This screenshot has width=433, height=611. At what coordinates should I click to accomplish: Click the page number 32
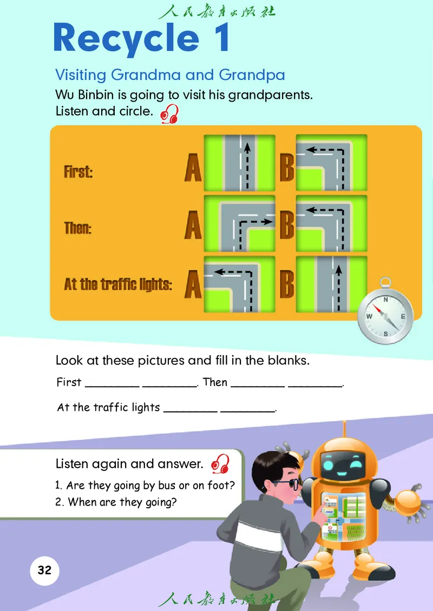click(44, 570)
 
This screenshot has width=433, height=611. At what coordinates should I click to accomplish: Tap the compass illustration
click(385, 313)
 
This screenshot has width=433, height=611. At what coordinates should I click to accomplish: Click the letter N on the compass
click(385, 300)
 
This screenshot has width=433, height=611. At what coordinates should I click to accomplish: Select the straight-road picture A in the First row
click(240, 163)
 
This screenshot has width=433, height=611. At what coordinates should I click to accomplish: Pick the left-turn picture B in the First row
click(332, 163)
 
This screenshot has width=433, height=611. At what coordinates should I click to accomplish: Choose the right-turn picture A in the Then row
click(240, 223)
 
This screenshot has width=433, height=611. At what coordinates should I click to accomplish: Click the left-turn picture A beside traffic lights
click(240, 284)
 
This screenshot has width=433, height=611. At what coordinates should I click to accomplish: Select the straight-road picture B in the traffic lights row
click(332, 284)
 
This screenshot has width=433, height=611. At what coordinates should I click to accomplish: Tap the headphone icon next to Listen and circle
click(170, 114)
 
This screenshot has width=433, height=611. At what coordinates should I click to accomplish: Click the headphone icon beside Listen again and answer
click(220, 464)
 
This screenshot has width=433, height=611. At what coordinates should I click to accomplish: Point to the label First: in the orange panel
click(78, 171)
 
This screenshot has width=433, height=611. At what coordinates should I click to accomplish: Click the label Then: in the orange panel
click(77, 228)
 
